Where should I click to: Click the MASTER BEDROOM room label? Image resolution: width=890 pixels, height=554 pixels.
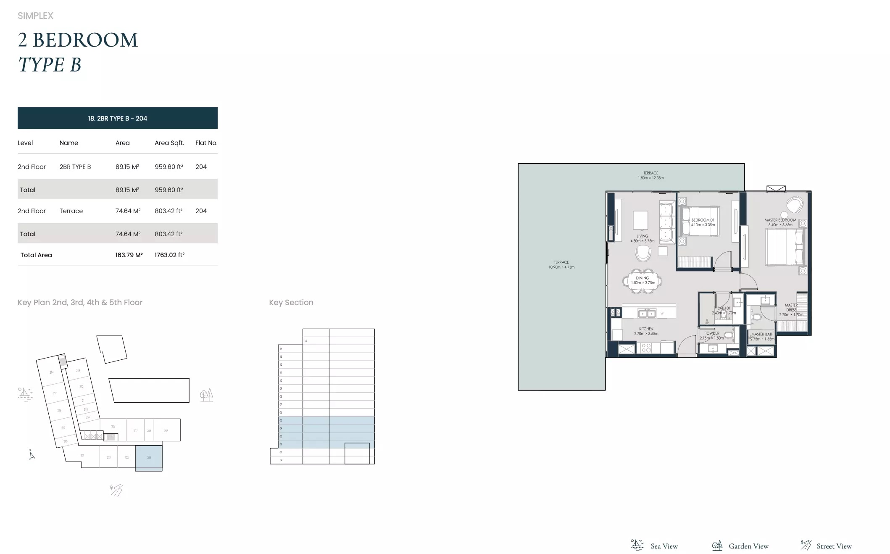(x=780, y=220)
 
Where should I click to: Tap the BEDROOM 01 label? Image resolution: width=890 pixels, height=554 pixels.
(x=703, y=220)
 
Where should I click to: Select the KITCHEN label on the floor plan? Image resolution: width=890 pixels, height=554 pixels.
(x=646, y=329)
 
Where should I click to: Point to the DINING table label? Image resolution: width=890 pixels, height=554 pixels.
(x=642, y=278)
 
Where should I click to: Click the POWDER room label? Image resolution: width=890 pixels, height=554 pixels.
(x=711, y=333)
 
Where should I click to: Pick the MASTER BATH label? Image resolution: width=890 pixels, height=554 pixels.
(x=762, y=335)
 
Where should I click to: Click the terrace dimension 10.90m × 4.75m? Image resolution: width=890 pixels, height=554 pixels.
(x=561, y=267)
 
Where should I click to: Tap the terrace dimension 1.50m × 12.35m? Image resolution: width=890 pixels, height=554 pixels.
(x=650, y=178)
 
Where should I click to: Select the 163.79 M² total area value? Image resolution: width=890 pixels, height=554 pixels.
(x=129, y=255)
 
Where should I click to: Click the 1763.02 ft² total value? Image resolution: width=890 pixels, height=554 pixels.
(x=169, y=255)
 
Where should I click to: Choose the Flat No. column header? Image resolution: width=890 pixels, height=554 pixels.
(x=206, y=143)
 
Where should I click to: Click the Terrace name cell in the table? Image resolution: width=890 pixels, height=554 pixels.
(x=71, y=211)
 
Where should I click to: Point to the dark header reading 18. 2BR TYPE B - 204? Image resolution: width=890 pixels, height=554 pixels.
(x=118, y=118)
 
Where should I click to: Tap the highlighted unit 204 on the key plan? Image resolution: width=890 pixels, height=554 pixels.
(x=149, y=458)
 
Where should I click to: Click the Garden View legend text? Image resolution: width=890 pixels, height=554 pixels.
(x=748, y=546)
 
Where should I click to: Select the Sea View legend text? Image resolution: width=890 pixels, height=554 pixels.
(x=664, y=546)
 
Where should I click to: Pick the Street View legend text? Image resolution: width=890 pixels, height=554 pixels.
(x=834, y=546)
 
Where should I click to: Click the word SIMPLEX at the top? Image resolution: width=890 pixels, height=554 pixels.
(x=35, y=16)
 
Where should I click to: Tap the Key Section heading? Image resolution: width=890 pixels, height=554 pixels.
(x=291, y=303)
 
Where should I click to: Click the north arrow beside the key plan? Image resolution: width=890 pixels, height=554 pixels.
(x=32, y=456)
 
